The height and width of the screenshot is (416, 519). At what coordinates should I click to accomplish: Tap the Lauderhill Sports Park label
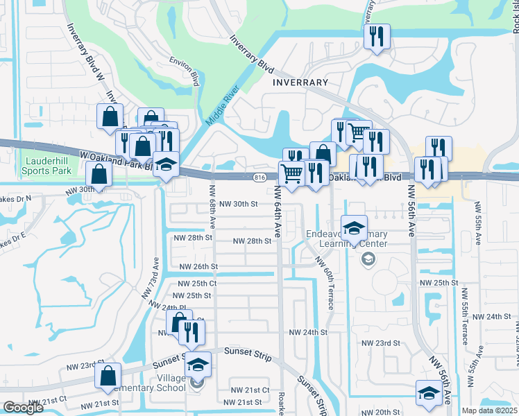pyautogui.click(x=47, y=165)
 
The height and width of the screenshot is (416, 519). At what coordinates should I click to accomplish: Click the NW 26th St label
pyautogui.click(x=198, y=266)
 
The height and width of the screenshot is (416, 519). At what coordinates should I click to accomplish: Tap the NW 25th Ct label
pyautogui.click(x=197, y=284)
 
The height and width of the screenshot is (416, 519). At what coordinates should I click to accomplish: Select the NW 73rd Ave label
pyautogui.click(x=151, y=278)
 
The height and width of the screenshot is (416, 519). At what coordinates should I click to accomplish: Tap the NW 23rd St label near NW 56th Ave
pyautogui.click(x=382, y=343)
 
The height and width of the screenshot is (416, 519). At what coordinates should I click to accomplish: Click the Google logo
pyautogui.click(x=23, y=408)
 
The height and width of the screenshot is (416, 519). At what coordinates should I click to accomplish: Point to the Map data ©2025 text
pyautogui.click(x=489, y=410)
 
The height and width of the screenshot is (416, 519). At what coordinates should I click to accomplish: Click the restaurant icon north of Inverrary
pyautogui.click(x=377, y=37)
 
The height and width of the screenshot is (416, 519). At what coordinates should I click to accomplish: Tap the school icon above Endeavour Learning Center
pyautogui.click(x=354, y=227)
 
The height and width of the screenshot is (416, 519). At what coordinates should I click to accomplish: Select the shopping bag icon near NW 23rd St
pyautogui.click(x=110, y=376)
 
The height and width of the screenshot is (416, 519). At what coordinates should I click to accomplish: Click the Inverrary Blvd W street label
pyautogui.click(x=86, y=53)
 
